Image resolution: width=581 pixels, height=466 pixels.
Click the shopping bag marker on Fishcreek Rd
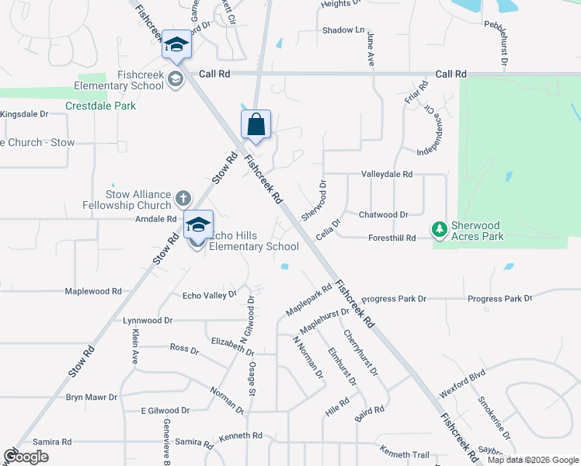click(256, 125)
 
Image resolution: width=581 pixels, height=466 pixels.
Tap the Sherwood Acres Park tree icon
click(440, 229)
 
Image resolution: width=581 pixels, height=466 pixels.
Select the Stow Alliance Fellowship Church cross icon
click(182, 197)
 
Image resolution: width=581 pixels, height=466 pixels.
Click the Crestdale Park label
click(100, 106)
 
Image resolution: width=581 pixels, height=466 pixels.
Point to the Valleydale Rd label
click(386, 175)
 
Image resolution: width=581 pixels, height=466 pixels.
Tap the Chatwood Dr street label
click(383, 214)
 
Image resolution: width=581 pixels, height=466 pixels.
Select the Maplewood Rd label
click(93, 291)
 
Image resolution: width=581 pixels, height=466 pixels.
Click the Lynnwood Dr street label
click(147, 320)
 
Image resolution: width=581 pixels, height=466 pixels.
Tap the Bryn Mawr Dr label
click(91, 397)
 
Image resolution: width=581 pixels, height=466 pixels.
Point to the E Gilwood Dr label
click(165, 410)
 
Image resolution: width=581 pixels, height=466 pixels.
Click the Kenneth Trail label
click(404, 453)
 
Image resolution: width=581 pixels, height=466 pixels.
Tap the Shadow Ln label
click(343, 30)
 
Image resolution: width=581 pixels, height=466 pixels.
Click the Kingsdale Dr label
click(24, 113)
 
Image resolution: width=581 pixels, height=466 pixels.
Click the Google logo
click(26, 457)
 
